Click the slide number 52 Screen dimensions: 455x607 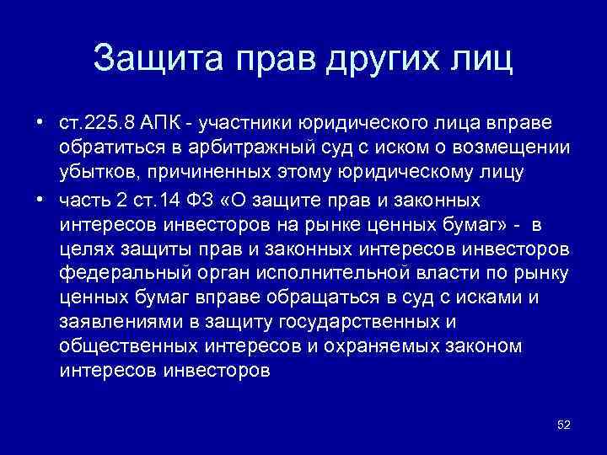[564, 425]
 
